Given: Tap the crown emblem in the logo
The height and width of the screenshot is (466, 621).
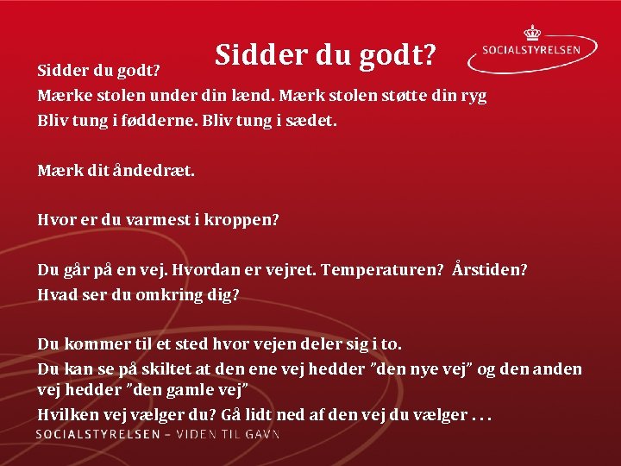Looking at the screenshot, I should (x=532, y=33).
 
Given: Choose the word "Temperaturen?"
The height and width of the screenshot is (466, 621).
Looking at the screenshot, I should (x=381, y=270).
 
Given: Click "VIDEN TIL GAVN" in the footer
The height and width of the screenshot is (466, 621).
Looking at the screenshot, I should (x=229, y=434).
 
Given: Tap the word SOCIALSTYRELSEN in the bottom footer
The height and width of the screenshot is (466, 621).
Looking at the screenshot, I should (x=97, y=434).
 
